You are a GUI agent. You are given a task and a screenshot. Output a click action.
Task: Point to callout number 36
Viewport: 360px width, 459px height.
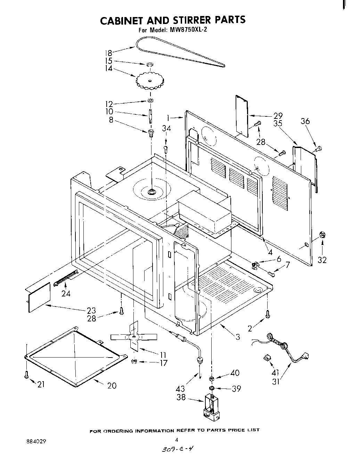click(x=305, y=121)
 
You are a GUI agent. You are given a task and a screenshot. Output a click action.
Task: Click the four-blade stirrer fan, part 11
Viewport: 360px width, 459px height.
click(x=134, y=337)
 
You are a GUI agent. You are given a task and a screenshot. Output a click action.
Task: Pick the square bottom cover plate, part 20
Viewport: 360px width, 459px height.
click(x=75, y=356)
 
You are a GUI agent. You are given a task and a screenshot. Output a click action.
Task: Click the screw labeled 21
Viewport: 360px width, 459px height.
click(x=26, y=375)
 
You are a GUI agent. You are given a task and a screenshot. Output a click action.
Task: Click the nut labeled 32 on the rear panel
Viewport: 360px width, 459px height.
click(x=322, y=235)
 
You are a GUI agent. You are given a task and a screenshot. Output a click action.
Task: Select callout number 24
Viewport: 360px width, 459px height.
click(x=66, y=294)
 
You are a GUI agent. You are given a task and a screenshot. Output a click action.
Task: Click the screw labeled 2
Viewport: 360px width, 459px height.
click(x=267, y=314)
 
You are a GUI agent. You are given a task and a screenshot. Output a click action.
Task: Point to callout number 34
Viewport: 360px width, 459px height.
click(x=166, y=129)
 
